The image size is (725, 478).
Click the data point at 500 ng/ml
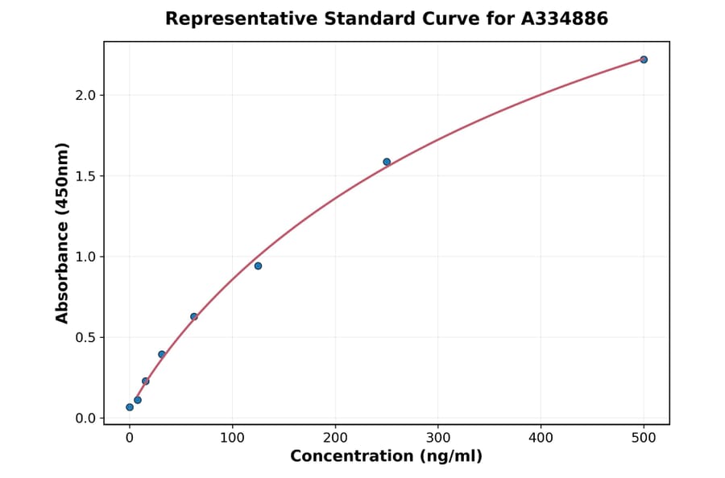pyautogui.click(x=644, y=60)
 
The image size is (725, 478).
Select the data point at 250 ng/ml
pyautogui.click(x=387, y=162)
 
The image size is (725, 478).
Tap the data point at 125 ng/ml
pyautogui.click(x=258, y=266)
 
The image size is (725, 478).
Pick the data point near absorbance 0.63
pyautogui.click(x=194, y=316)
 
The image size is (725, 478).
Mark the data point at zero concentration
pyautogui.click(x=130, y=407)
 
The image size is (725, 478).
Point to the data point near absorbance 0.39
pyautogui.click(x=162, y=354)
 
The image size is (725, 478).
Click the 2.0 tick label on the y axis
pyautogui.click(x=85, y=96)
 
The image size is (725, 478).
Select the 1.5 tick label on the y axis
pyautogui.click(x=85, y=176)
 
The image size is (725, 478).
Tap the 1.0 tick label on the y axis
pyautogui.click(x=85, y=257)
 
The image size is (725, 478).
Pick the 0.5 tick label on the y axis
pyautogui.click(x=85, y=338)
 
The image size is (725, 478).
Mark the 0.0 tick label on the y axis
pyautogui.click(x=85, y=418)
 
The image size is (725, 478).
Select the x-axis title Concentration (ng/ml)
pyautogui.click(x=386, y=457)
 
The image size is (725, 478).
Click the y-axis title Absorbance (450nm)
pyautogui.click(x=63, y=233)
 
